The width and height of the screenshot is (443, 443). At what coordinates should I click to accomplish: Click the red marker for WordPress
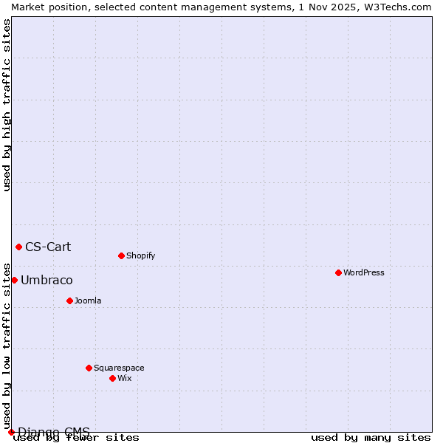(338, 272)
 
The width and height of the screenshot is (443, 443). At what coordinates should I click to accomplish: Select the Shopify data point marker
(121, 255)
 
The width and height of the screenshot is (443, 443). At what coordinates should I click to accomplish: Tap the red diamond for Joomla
(69, 301)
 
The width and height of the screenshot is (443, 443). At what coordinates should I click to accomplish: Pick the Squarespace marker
(89, 368)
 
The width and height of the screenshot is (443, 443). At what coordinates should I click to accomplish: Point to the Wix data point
(112, 378)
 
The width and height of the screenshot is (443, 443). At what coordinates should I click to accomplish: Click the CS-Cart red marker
(18, 247)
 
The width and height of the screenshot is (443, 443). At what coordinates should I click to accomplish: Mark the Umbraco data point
(14, 280)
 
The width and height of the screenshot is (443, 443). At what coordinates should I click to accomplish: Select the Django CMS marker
(11, 432)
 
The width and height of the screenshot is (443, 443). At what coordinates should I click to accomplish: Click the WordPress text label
(364, 272)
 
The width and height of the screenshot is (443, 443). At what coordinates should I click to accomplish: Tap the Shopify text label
(140, 255)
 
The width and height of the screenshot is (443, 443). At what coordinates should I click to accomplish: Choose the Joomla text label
(88, 301)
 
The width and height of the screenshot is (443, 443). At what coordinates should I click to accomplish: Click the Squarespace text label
(119, 368)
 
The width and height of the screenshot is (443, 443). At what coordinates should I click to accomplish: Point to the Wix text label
(124, 378)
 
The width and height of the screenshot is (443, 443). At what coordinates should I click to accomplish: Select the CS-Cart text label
(48, 247)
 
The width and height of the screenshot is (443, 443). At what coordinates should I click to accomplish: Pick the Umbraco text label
(47, 280)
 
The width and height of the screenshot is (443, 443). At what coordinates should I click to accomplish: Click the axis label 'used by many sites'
(371, 438)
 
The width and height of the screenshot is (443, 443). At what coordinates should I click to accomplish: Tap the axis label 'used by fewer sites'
(76, 438)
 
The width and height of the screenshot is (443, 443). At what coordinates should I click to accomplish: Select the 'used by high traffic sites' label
(7, 105)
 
